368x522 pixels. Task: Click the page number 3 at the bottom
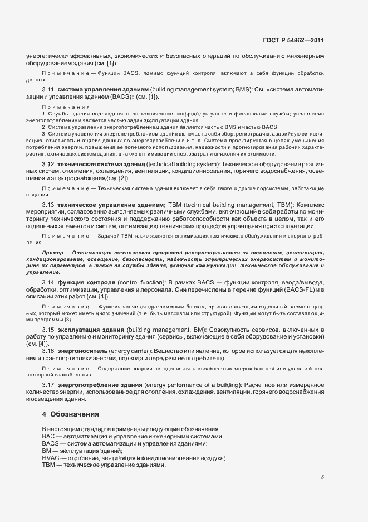[323, 476]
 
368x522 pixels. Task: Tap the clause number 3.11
[48, 89]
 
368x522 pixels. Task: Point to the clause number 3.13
[48, 205]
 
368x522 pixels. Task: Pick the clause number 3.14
[48, 282]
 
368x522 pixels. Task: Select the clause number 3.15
[48, 330]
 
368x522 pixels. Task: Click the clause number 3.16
[48, 350]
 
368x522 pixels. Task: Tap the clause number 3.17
[48, 385]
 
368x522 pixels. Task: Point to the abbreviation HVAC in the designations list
[50, 457]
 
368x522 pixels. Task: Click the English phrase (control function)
[143, 282]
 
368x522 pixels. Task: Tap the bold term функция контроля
[87, 282]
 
